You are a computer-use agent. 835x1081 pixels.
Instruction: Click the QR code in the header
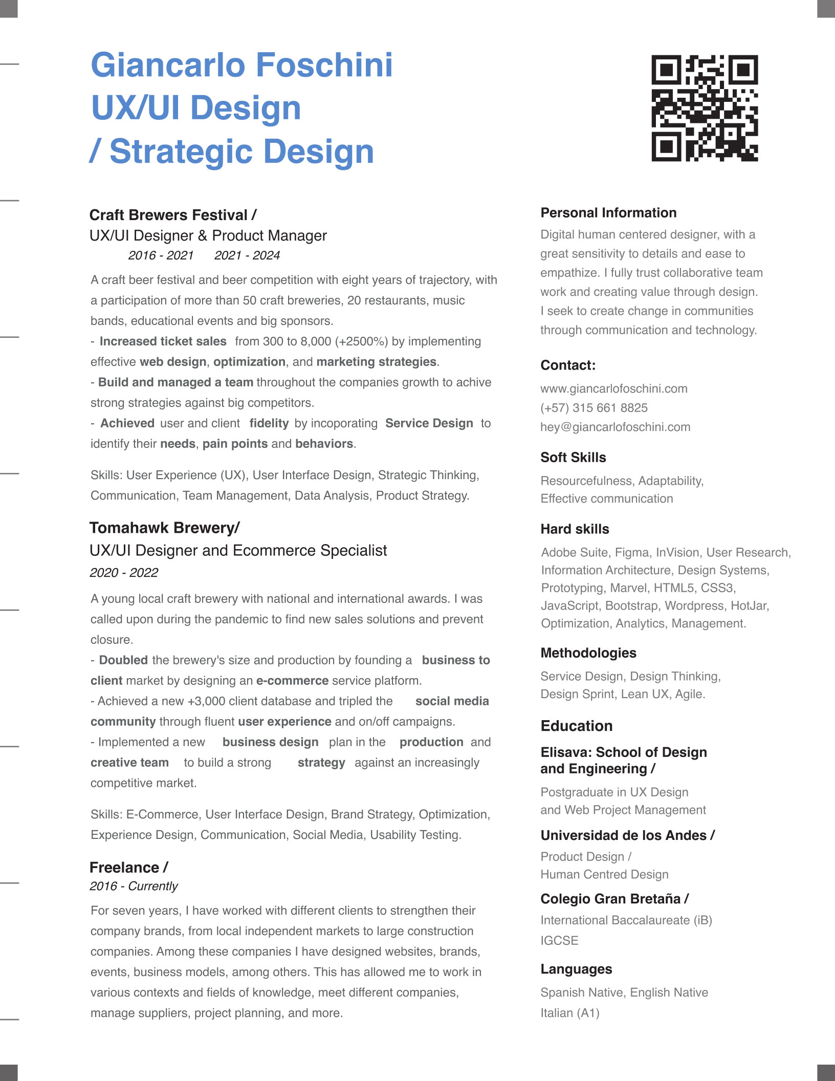pyautogui.click(x=705, y=108)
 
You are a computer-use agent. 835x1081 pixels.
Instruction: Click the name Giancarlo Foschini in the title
pyautogui.click(x=241, y=66)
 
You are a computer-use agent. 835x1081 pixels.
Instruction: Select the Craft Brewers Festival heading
pyautogui.click(x=173, y=215)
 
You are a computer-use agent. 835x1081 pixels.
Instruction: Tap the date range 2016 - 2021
pyautogui.click(x=161, y=255)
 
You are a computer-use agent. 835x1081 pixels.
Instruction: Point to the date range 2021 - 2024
pyautogui.click(x=247, y=255)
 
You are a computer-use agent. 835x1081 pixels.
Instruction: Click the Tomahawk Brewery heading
pyautogui.click(x=164, y=528)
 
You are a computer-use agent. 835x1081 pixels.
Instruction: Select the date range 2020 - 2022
pyautogui.click(x=124, y=572)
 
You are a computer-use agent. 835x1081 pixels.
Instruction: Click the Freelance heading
pyautogui.click(x=128, y=868)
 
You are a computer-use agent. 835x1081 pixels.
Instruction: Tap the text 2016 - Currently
pyautogui.click(x=134, y=886)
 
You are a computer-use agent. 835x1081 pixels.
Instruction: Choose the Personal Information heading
pyautogui.click(x=608, y=213)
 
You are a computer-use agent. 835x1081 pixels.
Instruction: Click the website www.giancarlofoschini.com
pyautogui.click(x=614, y=388)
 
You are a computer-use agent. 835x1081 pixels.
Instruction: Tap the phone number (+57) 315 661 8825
pyautogui.click(x=594, y=408)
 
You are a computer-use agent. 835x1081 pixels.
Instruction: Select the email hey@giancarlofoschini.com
pyautogui.click(x=616, y=427)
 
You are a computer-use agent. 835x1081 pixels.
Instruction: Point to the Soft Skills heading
pyautogui.click(x=573, y=458)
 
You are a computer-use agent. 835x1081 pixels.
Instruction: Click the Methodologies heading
pyautogui.click(x=588, y=653)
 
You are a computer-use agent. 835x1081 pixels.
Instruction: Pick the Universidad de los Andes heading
pyautogui.click(x=627, y=835)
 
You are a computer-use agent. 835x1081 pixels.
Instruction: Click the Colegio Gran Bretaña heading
pyautogui.click(x=614, y=899)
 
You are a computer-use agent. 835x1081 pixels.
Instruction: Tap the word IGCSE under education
pyautogui.click(x=559, y=941)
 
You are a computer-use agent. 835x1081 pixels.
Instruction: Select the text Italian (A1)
pyautogui.click(x=570, y=1013)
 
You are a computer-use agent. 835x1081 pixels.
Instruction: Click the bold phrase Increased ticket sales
pyautogui.click(x=163, y=341)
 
